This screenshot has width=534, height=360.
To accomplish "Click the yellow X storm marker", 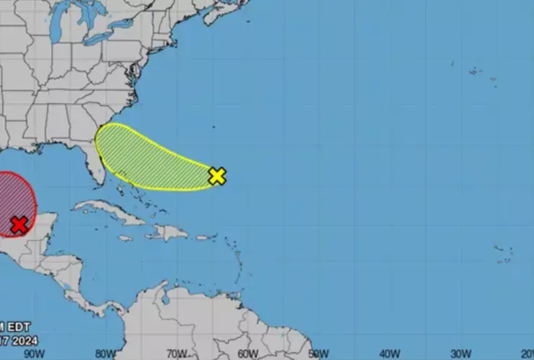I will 217,175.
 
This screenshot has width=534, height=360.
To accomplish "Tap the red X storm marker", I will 19,225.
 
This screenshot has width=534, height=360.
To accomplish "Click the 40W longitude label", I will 389,354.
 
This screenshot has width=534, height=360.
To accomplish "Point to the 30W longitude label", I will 459,354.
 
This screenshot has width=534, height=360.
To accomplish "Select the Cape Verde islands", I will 504,253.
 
